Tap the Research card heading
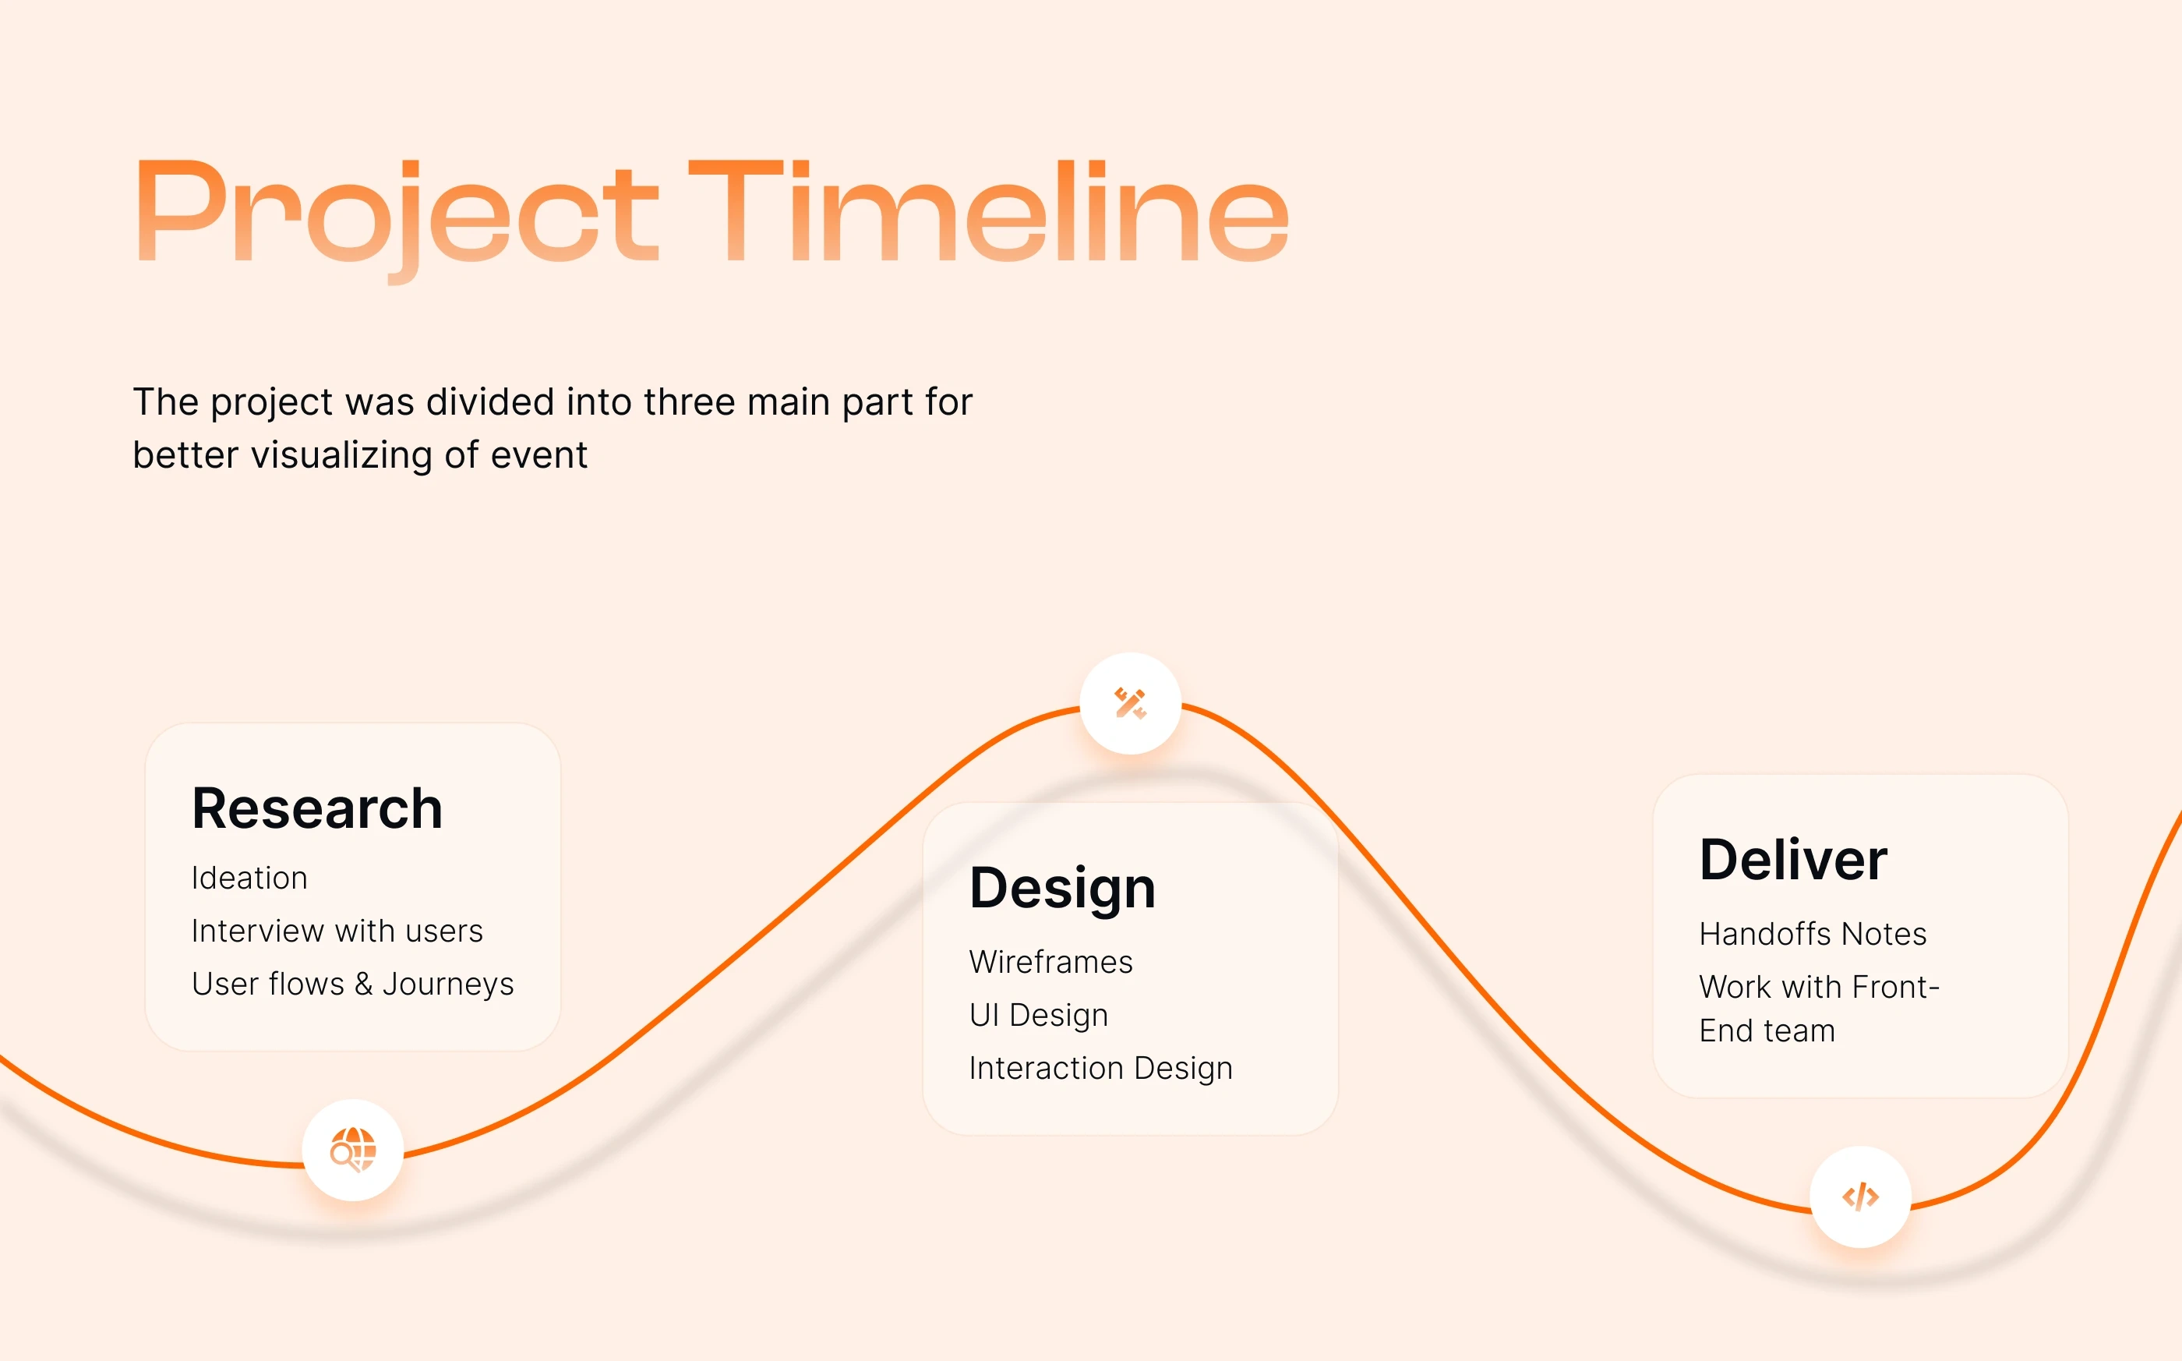[316, 808]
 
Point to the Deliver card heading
[1792, 859]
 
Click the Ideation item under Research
[249, 878]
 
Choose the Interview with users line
[337, 931]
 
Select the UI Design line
[1038, 1016]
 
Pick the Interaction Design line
[1100, 1069]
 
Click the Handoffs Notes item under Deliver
[1812, 935]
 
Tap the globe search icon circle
[353, 1151]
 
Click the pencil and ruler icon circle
[1130, 703]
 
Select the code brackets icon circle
[1860, 1197]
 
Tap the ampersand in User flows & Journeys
[363, 984]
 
